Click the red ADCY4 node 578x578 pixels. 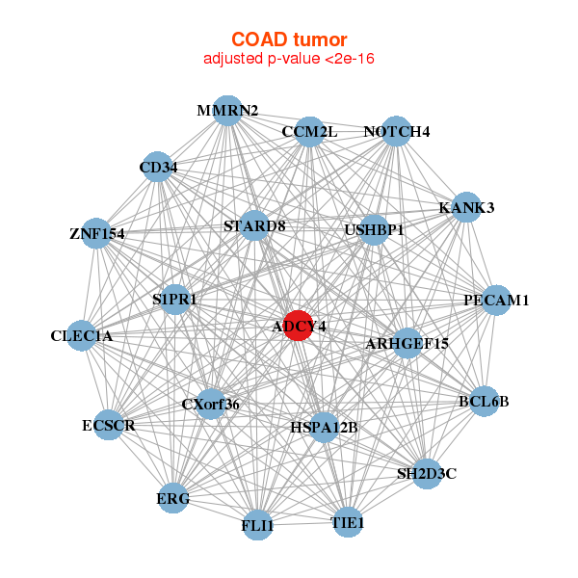(x=299, y=326)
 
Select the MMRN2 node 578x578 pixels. (x=227, y=110)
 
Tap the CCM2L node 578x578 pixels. (x=309, y=131)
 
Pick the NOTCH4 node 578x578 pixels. (x=397, y=131)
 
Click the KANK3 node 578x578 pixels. (x=466, y=207)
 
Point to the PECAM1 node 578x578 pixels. (x=496, y=301)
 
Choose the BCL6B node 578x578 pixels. (x=484, y=401)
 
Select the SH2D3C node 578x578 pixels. (x=427, y=473)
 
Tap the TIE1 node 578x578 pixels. (x=348, y=523)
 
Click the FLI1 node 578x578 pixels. (x=257, y=526)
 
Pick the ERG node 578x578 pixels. (x=173, y=498)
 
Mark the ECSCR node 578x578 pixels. (x=108, y=425)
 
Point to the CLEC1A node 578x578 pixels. (x=83, y=335)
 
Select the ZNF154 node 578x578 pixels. (x=96, y=233)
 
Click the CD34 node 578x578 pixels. (x=158, y=168)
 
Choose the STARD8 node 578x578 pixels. (x=254, y=226)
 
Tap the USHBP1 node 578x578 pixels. (x=374, y=230)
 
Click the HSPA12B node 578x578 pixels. (x=324, y=426)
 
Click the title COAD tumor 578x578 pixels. (x=289, y=39)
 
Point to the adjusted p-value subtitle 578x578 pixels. (x=289, y=59)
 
